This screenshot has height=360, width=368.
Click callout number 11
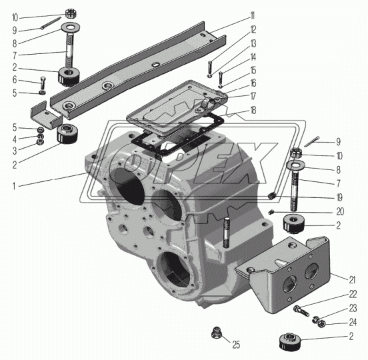point(253,16)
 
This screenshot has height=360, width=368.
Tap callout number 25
point(237,345)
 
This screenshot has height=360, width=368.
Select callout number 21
point(352,280)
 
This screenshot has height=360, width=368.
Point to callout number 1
point(14,187)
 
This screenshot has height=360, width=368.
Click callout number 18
point(253,110)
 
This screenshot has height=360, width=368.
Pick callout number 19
point(339,197)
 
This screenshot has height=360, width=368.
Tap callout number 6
point(15,80)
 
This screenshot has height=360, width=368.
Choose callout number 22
point(353,294)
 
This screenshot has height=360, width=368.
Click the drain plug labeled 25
point(216,333)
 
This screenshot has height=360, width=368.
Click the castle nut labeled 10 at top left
point(71,13)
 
